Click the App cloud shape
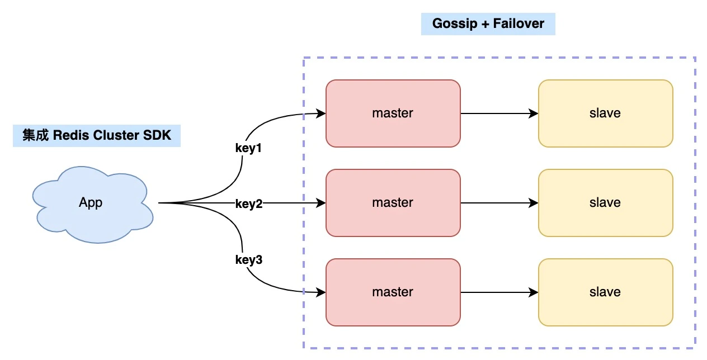click(92, 205)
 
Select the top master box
click(393, 113)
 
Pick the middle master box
click(393, 203)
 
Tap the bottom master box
click(393, 292)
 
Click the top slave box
click(606, 113)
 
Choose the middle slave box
click(606, 203)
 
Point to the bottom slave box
click(606, 292)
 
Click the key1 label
click(248, 148)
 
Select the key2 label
click(249, 204)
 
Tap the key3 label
click(249, 260)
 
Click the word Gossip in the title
click(455, 24)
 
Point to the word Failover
click(519, 23)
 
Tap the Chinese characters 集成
click(35, 135)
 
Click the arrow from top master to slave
click(499, 113)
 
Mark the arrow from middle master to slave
click(499, 203)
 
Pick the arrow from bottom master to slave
click(499, 292)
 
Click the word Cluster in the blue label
click(116, 135)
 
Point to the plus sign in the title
click(485, 24)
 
